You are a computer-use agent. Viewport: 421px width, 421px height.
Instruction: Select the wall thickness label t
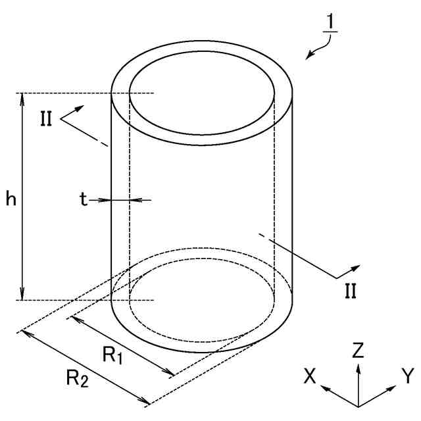point(84,200)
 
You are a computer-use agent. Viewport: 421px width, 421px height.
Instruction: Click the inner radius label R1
point(112,355)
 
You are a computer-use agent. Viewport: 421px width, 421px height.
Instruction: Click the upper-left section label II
point(45,120)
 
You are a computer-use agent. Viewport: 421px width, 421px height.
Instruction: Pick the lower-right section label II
point(350,289)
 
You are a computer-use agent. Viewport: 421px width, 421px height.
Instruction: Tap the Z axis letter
point(358,351)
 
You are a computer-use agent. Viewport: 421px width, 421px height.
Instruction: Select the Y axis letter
point(408,376)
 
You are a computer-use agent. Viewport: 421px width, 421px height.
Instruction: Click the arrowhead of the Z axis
point(358,366)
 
